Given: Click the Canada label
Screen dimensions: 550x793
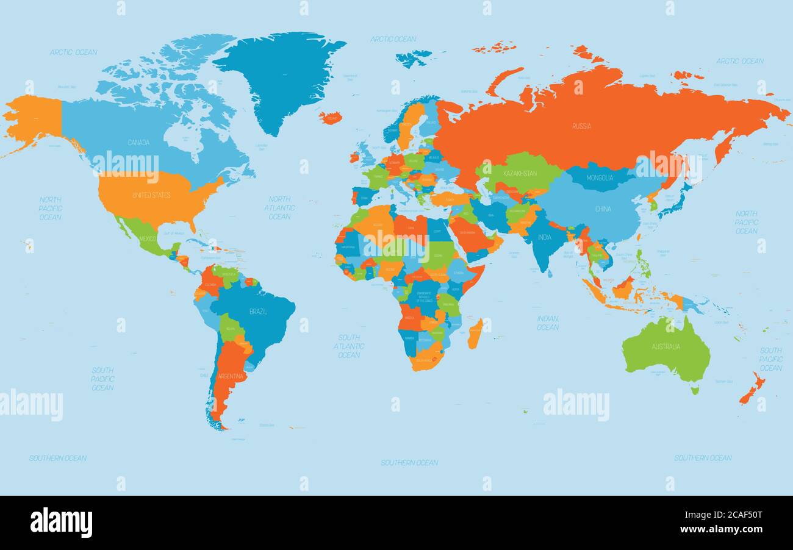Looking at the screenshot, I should [x=138, y=143].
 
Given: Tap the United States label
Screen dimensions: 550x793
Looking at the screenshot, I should [x=151, y=195].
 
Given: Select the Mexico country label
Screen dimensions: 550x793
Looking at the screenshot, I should [x=148, y=238].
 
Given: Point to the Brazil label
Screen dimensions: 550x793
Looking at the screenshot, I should [x=258, y=312].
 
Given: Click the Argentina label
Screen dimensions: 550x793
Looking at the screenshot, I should [x=231, y=376].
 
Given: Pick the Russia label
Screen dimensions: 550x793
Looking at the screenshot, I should [x=581, y=126].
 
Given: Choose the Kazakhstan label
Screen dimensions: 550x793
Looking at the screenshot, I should [x=520, y=173].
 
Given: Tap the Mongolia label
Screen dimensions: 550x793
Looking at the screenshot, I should [x=600, y=178].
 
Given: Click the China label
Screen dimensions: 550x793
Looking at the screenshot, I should [x=603, y=209].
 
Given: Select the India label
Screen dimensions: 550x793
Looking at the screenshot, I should [x=544, y=237].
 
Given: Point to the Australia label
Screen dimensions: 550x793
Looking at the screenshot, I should [x=666, y=347].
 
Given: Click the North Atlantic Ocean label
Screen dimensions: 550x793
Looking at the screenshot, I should [x=279, y=208].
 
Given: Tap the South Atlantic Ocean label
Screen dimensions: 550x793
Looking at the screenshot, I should [x=349, y=346].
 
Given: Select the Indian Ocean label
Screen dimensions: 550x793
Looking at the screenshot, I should [x=547, y=323].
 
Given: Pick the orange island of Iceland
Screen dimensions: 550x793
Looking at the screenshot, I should [x=330, y=118].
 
